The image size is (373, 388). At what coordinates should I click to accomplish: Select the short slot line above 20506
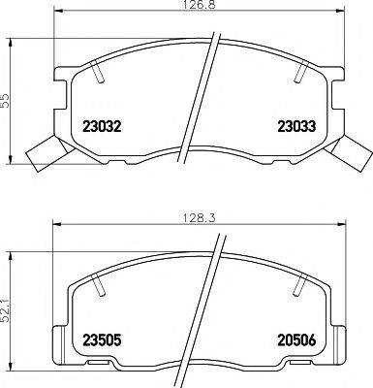coord(298,285)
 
